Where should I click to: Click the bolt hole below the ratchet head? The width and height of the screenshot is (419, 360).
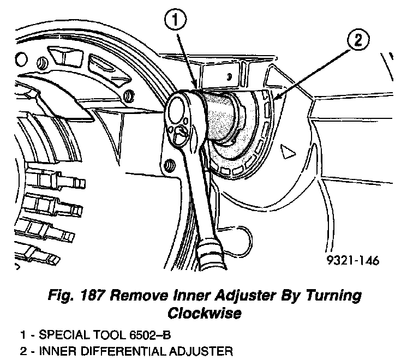170,163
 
